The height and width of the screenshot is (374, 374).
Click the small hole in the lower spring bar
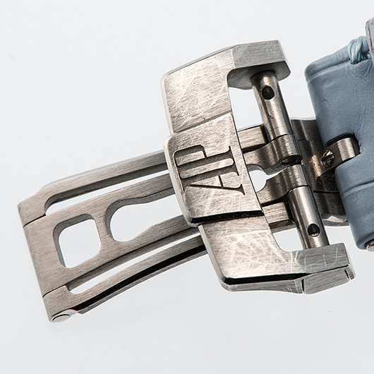click(x=313, y=229)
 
